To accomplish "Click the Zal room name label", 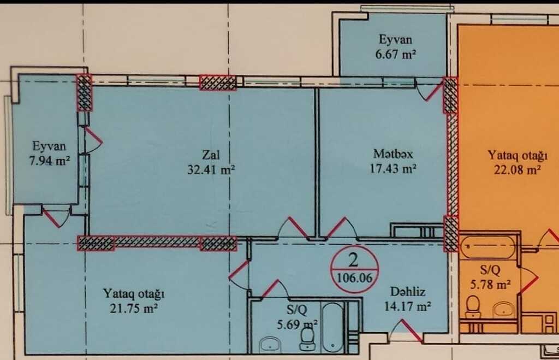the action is pyautogui.click(x=211, y=155).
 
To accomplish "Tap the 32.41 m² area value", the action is pyautogui.click(x=211, y=169).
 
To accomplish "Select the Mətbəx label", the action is pyautogui.click(x=393, y=154).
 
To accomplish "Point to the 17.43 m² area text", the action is pyautogui.click(x=393, y=168).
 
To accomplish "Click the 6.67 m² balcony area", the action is pyautogui.click(x=395, y=55).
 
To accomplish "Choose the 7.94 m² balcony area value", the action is pyautogui.click(x=49, y=161).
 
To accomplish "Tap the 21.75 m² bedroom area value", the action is pyautogui.click(x=134, y=308).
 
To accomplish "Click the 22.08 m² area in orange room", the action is pyautogui.click(x=518, y=170).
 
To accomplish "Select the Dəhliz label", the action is pyautogui.click(x=407, y=292).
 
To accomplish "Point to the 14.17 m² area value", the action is pyautogui.click(x=407, y=306).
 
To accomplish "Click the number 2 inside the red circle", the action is pyautogui.click(x=353, y=261).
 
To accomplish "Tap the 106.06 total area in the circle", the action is pyautogui.click(x=354, y=278).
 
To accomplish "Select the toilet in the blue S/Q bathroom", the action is pyautogui.click(x=307, y=339).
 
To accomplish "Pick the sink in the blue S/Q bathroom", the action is pyautogui.click(x=270, y=345).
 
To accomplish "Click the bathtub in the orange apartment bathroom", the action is pyautogui.click(x=487, y=247).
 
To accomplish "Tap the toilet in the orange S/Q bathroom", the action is pyautogui.click(x=473, y=308).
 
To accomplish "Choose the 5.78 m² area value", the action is pyautogui.click(x=490, y=285).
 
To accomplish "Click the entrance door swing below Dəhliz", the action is pyautogui.click(x=406, y=330).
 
